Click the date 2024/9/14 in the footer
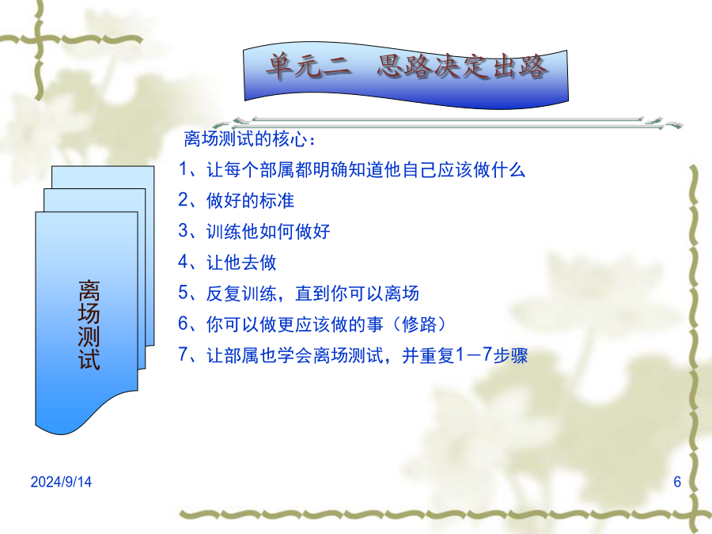61,481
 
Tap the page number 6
677,481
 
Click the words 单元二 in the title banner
309,66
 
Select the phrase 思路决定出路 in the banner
462,66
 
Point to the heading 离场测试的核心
245,138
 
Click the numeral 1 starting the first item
184,169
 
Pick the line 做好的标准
250,200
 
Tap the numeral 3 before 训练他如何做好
184,231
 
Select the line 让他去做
241,263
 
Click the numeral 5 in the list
184,293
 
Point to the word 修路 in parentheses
419,324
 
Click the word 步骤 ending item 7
510,355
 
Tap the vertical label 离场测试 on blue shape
89,325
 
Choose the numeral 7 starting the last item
183,354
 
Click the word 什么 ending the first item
508,170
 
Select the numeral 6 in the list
184,324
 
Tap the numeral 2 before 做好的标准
184,200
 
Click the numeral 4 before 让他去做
184,262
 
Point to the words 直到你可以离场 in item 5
357,294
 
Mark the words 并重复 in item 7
428,355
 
